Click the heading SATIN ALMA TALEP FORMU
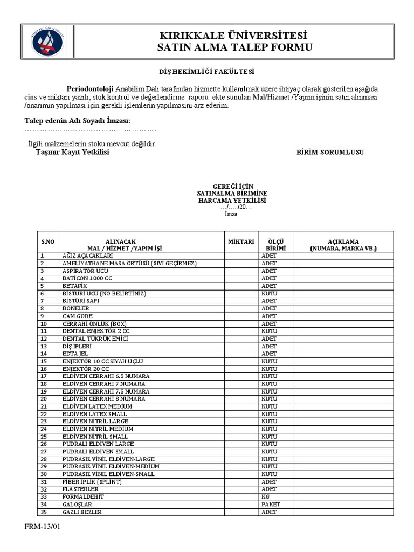234,48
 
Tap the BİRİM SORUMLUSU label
330,153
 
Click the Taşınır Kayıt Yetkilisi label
72,153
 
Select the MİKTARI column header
240,241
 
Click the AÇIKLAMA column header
343,245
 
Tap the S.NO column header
49,241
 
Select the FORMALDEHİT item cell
82,496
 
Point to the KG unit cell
266,496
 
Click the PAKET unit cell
271,504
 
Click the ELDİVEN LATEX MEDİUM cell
98,406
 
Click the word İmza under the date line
231,214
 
